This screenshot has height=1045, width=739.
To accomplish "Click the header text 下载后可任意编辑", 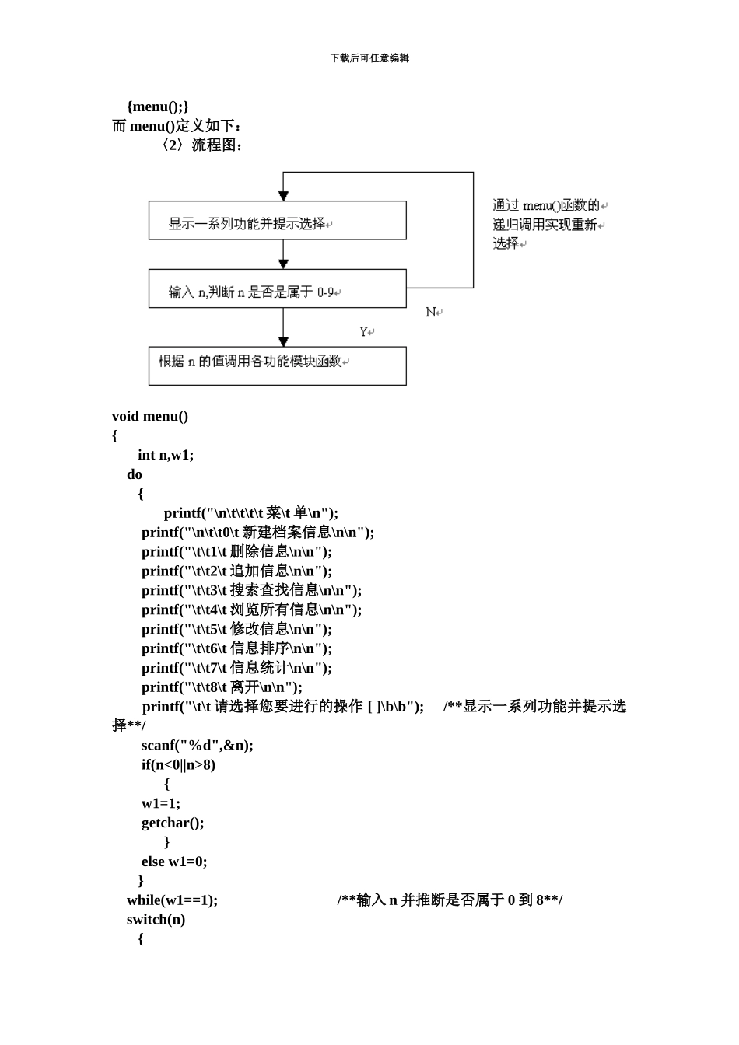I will click(369, 58).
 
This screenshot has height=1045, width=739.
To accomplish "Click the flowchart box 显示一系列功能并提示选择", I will click(277, 221).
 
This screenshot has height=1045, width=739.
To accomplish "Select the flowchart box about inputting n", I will click(277, 289).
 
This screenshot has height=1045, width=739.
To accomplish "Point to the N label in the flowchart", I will click(431, 313).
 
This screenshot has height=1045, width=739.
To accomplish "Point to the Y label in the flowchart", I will click(364, 332).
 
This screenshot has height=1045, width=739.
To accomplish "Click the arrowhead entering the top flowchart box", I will click(283, 196).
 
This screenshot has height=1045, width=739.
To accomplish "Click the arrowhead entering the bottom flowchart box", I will click(283, 341).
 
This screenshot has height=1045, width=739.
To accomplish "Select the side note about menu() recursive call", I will click(548, 225).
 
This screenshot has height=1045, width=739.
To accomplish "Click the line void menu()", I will click(150, 417).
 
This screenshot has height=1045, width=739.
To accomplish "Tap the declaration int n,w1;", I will click(166, 456).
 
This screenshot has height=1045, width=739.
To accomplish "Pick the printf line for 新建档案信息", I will click(257, 533).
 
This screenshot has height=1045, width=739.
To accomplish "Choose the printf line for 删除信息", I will click(236, 552).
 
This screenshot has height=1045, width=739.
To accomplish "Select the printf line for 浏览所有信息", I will click(251, 610).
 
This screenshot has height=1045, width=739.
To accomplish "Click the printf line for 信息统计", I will click(236, 668).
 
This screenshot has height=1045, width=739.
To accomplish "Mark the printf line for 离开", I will click(222, 687).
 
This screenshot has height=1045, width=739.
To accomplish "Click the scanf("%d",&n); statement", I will click(197, 746).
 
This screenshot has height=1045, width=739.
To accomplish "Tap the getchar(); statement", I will click(173, 823).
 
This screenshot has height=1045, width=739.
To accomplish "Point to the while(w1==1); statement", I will click(172, 900).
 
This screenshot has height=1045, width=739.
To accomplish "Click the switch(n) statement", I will click(156, 920).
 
